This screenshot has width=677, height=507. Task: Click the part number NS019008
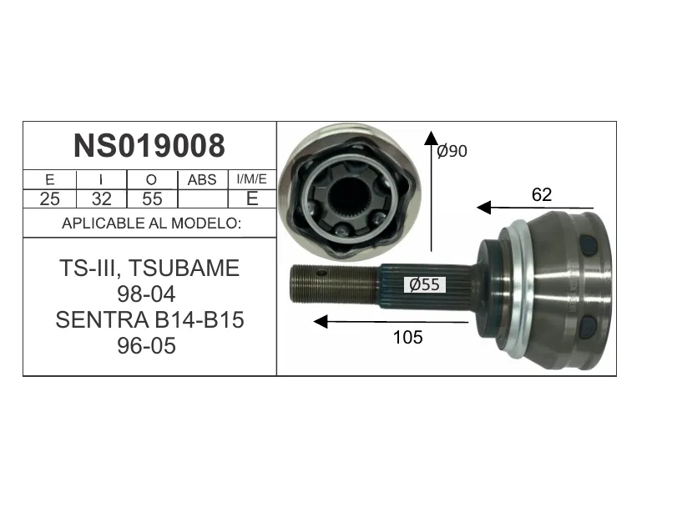click(149, 146)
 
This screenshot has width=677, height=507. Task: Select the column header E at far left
click(49, 179)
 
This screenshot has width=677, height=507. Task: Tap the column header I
click(101, 179)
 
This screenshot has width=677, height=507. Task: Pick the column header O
click(152, 179)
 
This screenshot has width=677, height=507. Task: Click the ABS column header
click(202, 179)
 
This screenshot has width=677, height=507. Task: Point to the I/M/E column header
click(252, 179)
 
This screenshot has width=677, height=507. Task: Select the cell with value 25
click(49, 198)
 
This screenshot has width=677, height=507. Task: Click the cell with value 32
click(102, 198)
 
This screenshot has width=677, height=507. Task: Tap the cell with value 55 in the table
click(152, 198)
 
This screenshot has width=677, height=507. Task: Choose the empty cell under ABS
click(203, 198)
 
